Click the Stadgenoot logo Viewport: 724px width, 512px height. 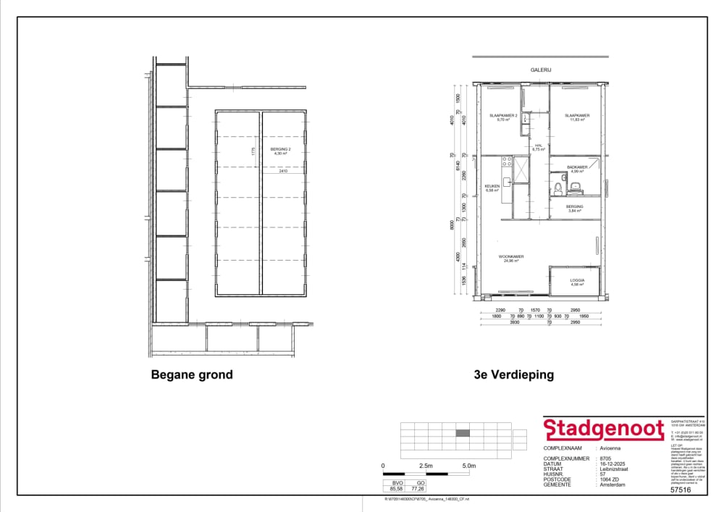tap(604, 429)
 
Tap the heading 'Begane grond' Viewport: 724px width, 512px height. tap(192, 374)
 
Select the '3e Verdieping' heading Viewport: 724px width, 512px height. tap(513, 374)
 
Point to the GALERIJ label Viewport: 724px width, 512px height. tap(540, 71)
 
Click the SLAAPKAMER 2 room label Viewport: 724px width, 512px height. tap(502, 116)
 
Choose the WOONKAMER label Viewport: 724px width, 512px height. tap(511, 257)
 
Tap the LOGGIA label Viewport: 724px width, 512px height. tap(576, 280)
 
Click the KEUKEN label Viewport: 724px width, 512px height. tap(492, 187)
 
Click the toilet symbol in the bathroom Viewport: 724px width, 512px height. tap(576, 188)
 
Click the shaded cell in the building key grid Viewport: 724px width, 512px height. tap(463, 433)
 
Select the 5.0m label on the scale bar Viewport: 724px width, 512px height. tap(468, 465)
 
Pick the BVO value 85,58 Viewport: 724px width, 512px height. tap(396, 489)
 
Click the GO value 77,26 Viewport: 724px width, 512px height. tap(417, 489)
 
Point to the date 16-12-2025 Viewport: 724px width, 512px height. tap(612, 464)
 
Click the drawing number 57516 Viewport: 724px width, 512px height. tap(681, 490)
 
